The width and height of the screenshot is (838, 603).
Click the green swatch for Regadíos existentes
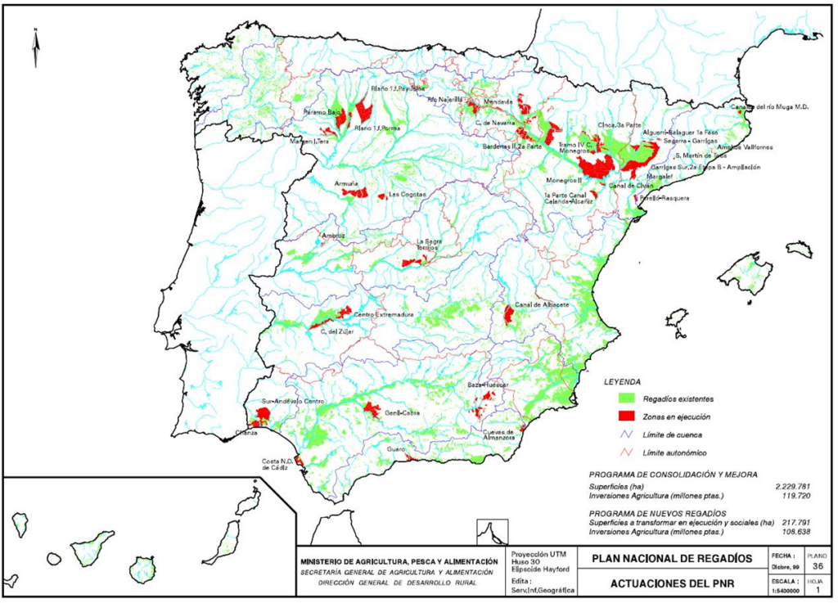point(627,398)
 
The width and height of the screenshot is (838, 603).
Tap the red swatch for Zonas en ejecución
point(627,417)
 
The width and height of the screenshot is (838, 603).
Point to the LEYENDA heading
point(622,382)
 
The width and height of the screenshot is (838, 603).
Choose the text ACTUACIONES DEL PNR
point(663,583)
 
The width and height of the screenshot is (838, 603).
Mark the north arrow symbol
point(36,48)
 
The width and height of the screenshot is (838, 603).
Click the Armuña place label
point(346,184)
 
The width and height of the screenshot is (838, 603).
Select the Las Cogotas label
point(407,195)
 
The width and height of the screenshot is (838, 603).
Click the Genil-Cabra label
point(403,413)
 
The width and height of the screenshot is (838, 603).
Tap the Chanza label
point(246,431)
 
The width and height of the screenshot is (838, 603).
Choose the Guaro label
point(397,448)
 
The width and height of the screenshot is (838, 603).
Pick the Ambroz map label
point(333,236)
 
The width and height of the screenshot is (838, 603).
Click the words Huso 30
point(526,560)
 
